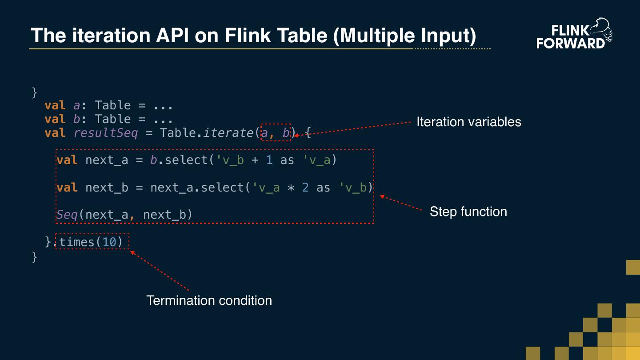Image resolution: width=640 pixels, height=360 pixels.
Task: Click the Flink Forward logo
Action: point(574,33)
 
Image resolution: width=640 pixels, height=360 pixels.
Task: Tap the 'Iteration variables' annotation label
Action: point(468,122)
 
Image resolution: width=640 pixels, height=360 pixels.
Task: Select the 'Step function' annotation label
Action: point(468,212)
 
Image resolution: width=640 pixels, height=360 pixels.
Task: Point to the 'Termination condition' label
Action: point(209,300)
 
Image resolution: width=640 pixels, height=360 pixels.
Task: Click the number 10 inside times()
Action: point(109,242)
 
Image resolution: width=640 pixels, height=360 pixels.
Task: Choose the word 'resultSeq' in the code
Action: point(105,133)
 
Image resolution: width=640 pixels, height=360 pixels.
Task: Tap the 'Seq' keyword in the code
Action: point(67,215)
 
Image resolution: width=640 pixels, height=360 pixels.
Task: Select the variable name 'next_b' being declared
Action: point(107,188)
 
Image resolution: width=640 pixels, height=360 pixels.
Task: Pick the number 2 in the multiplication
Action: point(305,188)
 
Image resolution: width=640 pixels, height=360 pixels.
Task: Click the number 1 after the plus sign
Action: point(269,160)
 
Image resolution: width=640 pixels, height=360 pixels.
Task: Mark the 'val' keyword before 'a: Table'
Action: point(55,105)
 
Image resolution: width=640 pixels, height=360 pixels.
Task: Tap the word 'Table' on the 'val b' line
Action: point(113,119)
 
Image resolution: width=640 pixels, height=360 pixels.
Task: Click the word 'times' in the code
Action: point(77,242)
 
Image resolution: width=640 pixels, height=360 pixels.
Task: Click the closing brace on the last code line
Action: point(35,256)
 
